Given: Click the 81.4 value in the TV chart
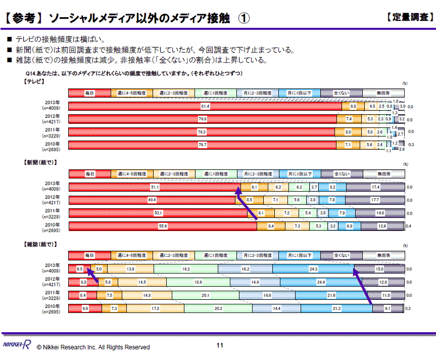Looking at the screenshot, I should coord(205,107).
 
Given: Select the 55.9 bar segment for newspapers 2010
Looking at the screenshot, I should coord(163,226).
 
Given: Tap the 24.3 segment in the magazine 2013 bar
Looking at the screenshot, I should coord(314,269).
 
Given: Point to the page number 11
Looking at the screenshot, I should coord(220,345).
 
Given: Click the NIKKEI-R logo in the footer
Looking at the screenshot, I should coord(16,345).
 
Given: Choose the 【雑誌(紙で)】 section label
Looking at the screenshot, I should coord(40,244).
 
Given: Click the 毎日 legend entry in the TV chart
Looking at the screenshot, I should coord(89,93).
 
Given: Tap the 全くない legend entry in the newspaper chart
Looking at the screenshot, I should coord(342,174).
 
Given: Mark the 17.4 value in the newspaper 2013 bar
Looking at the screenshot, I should coord(375,188).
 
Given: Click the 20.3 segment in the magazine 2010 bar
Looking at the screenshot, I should coord(219,308).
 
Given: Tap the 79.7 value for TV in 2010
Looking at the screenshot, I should coord(203,145).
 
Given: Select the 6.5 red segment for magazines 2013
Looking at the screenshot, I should coord(79,269).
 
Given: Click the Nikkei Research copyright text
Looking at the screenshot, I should coord(93,347).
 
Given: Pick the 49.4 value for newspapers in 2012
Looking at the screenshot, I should coord(152,200).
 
